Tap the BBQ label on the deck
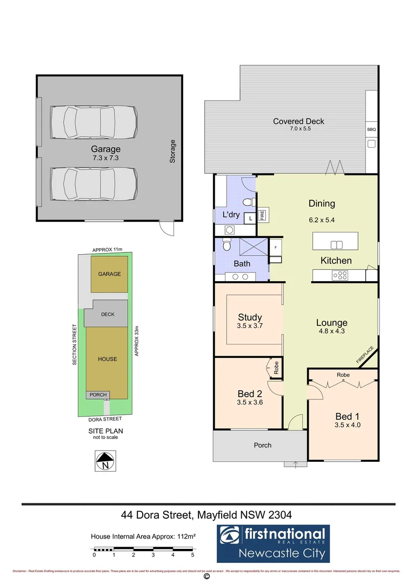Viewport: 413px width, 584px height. [x=371, y=130]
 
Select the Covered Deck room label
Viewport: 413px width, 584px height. [x=298, y=121]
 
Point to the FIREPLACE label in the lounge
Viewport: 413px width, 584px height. [x=364, y=354]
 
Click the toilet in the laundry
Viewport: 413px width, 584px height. [x=248, y=203]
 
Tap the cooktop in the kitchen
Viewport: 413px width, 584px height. [x=340, y=275]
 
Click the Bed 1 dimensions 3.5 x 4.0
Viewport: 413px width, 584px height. [x=348, y=425]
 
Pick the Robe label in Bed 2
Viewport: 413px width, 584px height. [x=276, y=368]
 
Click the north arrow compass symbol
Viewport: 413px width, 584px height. [x=103, y=463]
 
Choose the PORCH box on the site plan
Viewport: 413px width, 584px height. [x=98, y=395]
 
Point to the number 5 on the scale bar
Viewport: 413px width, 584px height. [x=192, y=555]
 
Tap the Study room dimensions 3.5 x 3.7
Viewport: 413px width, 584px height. [x=250, y=326]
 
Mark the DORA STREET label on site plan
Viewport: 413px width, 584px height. [x=105, y=419]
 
